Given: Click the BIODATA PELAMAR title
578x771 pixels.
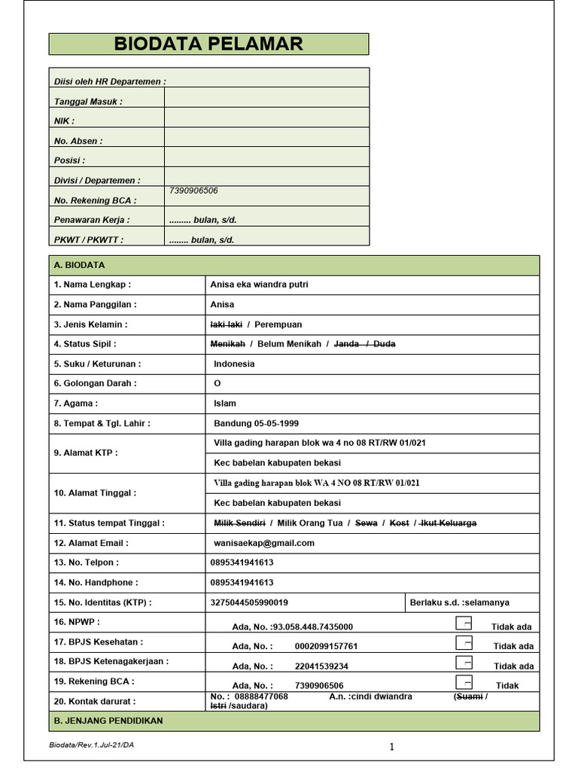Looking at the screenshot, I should click(x=208, y=44).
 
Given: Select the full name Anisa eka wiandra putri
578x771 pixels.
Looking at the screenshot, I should click(x=259, y=285).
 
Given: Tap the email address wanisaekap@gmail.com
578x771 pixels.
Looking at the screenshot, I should click(x=263, y=543).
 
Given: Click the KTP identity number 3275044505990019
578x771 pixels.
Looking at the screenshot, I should click(x=249, y=602).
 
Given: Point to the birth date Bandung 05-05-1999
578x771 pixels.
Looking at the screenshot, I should click(x=256, y=423).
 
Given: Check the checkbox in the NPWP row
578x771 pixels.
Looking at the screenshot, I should click(x=464, y=623).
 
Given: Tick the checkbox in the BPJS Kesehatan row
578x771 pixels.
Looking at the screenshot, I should click(x=464, y=643).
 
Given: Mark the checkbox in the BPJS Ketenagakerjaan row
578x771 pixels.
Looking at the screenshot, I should click(x=464, y=663).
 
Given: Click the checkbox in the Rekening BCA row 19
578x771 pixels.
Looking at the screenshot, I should click(x=464, y=682).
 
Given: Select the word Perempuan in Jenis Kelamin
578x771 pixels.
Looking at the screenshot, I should click(x=278, y=325).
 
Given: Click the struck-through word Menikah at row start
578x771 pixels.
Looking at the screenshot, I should click(x=227, y=344).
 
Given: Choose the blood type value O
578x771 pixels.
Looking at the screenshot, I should click(x=218, y=383).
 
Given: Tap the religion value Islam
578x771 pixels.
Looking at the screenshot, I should click(x=224, y=404).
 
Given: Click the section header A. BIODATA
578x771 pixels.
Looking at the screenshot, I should click(x=79, y=265).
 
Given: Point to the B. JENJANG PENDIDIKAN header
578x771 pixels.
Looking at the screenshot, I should click(x=108, y=721).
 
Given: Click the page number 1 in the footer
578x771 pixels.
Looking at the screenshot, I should click(x=392, y=747).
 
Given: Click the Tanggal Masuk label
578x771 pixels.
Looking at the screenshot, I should click(x=88, y=102).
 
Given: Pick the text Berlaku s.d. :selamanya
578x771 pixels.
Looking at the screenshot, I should click(x=459, y=602).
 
